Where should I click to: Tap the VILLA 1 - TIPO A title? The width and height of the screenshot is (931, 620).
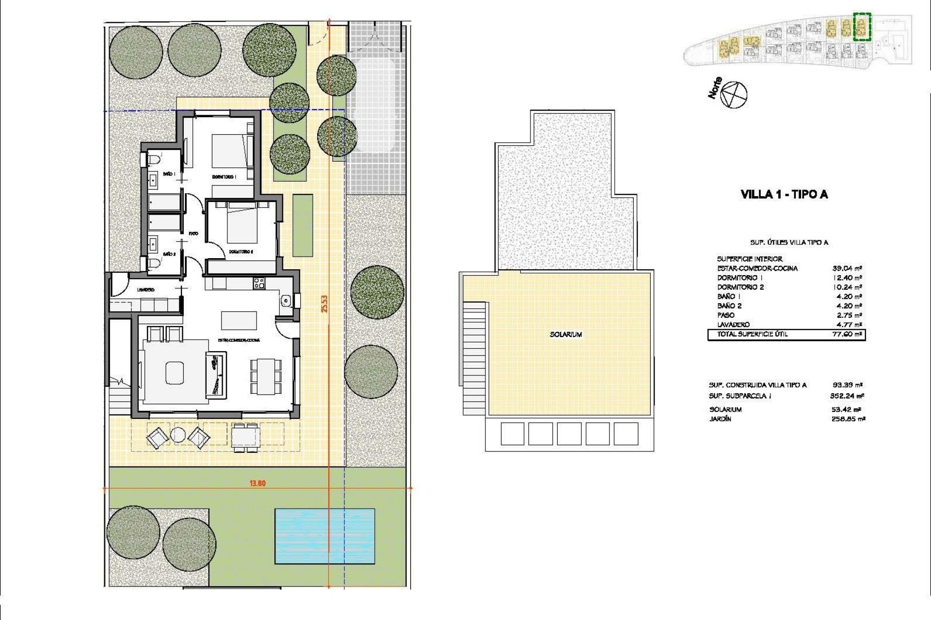784,195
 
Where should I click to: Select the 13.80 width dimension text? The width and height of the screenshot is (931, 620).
257,483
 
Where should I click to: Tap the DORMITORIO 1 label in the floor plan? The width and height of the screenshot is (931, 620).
224,177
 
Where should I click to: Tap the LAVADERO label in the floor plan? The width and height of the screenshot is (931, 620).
145,290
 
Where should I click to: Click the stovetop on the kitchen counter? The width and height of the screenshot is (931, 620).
258,282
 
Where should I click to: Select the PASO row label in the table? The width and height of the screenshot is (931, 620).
725,315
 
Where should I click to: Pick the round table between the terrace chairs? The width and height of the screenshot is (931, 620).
177,436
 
